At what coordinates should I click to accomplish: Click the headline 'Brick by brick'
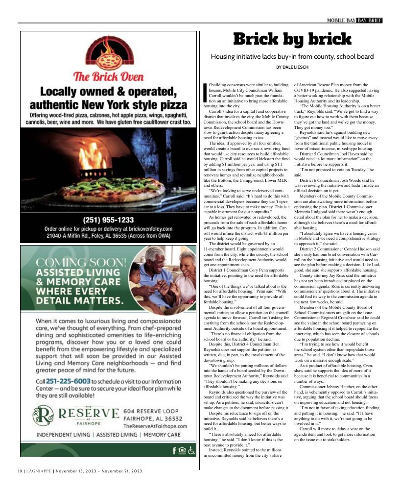pyautogui.click(x=292, y=40)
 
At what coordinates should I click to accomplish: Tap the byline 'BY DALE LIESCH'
pyautogui.click(x=292, y=67)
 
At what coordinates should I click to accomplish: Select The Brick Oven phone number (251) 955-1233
pyautogui.click(x=108, y=220)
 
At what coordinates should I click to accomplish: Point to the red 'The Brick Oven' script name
pyautogui.click(x=108, y=76)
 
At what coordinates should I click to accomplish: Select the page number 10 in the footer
pyautogui.click(x=20, y=471)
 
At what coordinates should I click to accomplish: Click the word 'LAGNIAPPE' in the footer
pyautogui.click(x=38, y=471)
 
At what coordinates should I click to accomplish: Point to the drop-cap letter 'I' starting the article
pyautogui.click(x=205, y=92)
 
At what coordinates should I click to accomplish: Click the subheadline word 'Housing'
pyautogui.click(x=224, y=57)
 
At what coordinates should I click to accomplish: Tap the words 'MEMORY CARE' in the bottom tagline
pyautogui.click(x=162, y=435)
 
